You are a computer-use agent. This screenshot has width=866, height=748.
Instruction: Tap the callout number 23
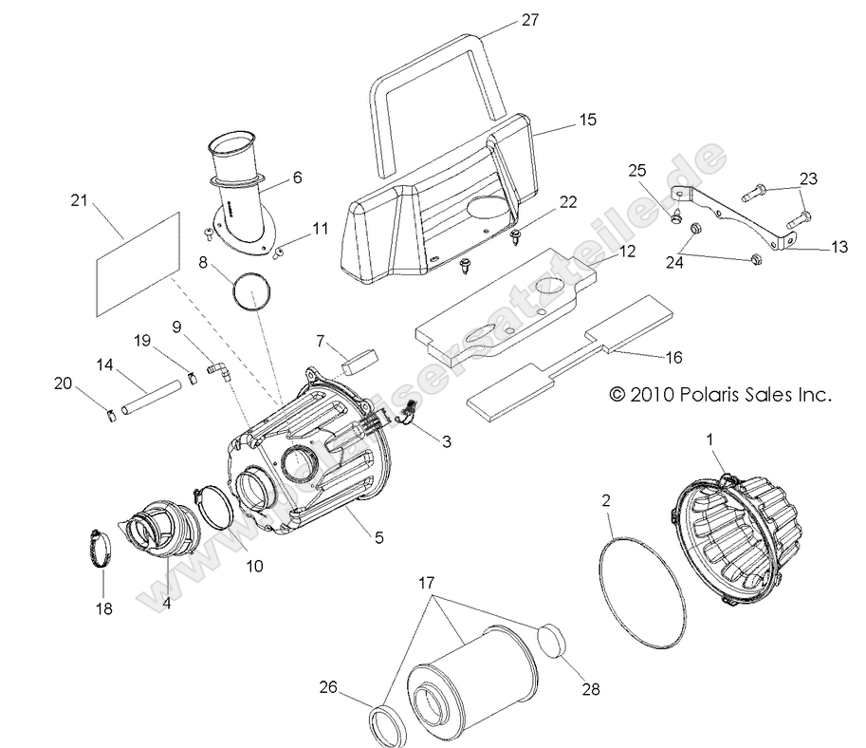coord(807,178)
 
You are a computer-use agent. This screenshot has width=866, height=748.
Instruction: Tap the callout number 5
coord(378,538)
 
